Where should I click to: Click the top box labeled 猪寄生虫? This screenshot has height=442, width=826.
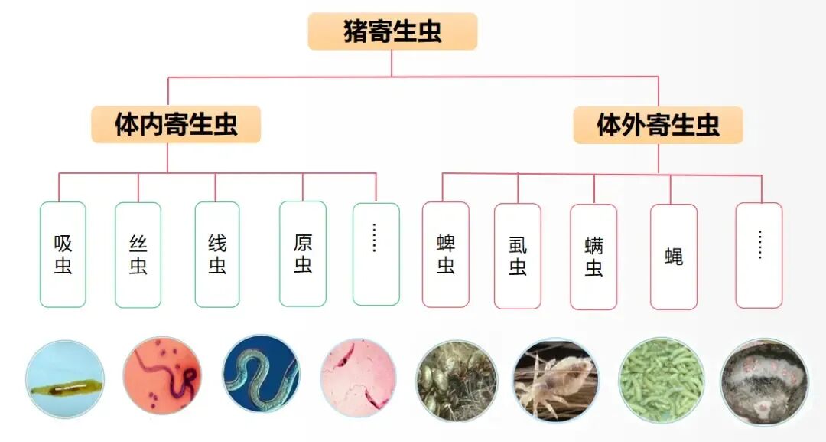pyautogui.click(x=392, y=32)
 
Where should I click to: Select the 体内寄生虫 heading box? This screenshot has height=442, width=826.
pyautogui.click(x=176, y=124)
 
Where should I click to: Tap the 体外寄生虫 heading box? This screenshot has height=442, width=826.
pyautogui.click(x=658, y=125)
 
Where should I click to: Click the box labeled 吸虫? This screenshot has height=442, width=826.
pyautogui.click(x=63, y=254)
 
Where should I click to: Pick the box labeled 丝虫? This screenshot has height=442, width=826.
pyautogui.click(x=138, y=254)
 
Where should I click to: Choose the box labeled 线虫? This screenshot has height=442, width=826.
pyautogui.click(x=217, y=254)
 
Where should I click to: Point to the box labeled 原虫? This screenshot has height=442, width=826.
pyautogui.click(x=303, y=254)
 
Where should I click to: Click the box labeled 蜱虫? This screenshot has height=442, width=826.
pyautogui.click(x=446, y=254)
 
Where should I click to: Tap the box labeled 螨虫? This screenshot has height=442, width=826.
pyautogui.click(x=593, y=257)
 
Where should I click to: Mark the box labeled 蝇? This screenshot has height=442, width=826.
pyautogui.click(x=674, y=257)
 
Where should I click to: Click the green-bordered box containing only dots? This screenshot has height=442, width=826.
pyautogui.click(x=376, y=254)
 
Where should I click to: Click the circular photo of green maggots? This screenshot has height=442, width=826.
pyautogui.click(x=661, y=381)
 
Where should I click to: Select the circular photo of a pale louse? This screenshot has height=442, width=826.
pyautogui.click(x=555, y=381)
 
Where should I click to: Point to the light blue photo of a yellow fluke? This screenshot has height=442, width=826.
pyautogui.click(x=64, y=379)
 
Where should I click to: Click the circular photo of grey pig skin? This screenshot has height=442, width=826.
pyautogui.click(x=763, y=381)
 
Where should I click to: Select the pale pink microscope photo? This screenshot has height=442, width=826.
pyautogui.click(x=359, y=378)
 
